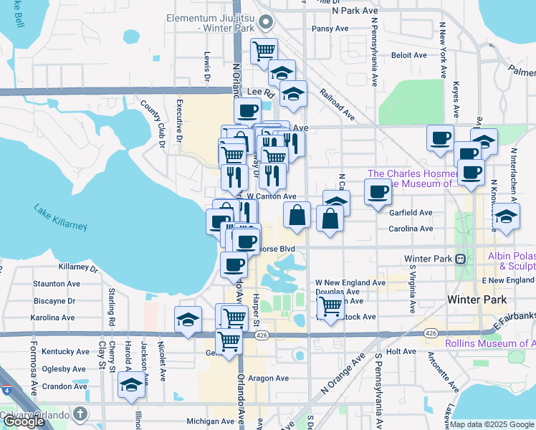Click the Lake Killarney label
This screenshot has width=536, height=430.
click(60, 217)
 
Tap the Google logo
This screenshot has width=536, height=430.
click(24, 421)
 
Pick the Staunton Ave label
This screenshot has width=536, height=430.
click(56, 284)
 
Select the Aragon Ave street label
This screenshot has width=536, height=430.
click(269, 378)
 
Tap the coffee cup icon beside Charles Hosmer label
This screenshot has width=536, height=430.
click(378, 191)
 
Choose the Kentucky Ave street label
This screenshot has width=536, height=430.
click(65, 352)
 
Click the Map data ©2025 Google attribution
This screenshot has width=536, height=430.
click(492, 424)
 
